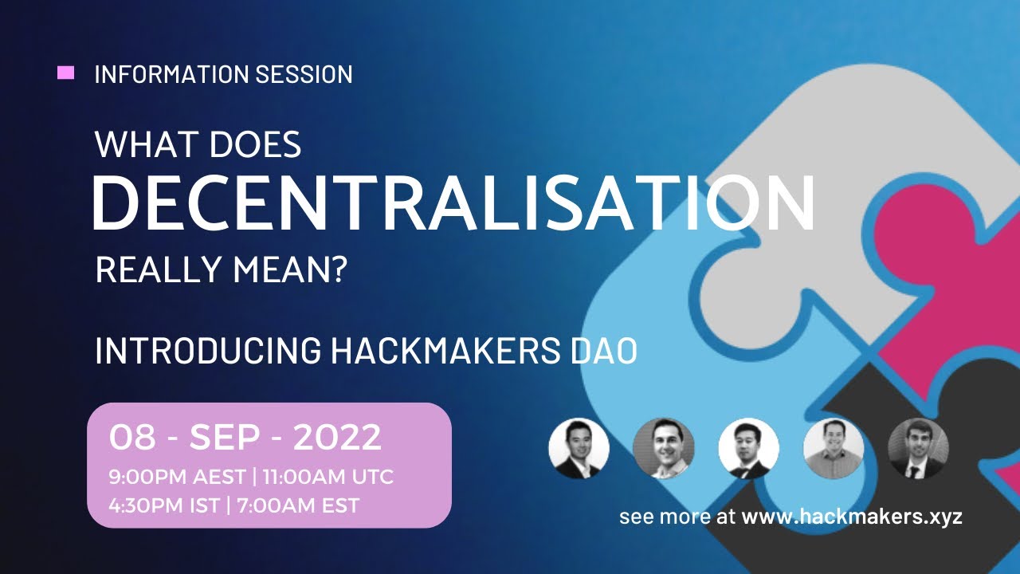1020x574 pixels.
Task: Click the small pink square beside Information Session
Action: point(66,73)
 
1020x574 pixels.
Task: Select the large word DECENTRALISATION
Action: point(453,203)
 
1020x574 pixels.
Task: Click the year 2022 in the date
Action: point(337,438)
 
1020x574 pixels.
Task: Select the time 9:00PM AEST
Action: point(177,478)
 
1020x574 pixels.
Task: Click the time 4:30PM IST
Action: point(164,505)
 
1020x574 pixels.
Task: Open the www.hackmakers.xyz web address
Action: point(852,517)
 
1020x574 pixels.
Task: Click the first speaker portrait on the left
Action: point(579,448)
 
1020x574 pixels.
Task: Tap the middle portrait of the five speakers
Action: point(748,448)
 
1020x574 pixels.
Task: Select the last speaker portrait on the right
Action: point(918,448)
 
